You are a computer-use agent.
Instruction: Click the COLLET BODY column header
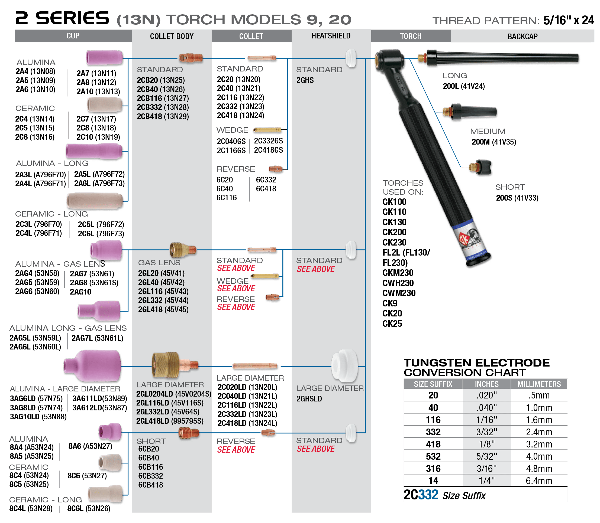pos(172,36)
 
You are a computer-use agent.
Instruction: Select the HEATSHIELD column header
pos(331,36)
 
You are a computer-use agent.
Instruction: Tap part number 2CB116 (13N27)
pos(163,98)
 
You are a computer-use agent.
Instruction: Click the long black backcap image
pos(498,57)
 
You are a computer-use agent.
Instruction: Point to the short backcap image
pos(480,167)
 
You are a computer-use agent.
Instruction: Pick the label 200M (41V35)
pos(494,142)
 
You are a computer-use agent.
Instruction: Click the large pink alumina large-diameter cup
pos(92,366)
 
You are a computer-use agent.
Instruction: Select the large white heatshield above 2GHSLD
pos(345,366)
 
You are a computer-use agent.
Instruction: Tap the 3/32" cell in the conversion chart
pos(486,432)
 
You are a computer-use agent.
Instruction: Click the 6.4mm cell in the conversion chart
pos(539,481)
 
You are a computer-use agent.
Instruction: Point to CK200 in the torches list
pos(394,232)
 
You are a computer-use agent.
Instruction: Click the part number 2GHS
pos(305,80)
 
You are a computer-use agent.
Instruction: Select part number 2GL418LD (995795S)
pos(170,421)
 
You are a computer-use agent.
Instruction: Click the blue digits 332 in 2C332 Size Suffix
pos(428,495)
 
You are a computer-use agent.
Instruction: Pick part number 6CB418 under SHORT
pos(150,485)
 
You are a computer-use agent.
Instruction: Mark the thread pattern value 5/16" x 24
pos(569,20)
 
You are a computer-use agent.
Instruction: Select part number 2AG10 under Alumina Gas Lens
pos(80,292)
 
